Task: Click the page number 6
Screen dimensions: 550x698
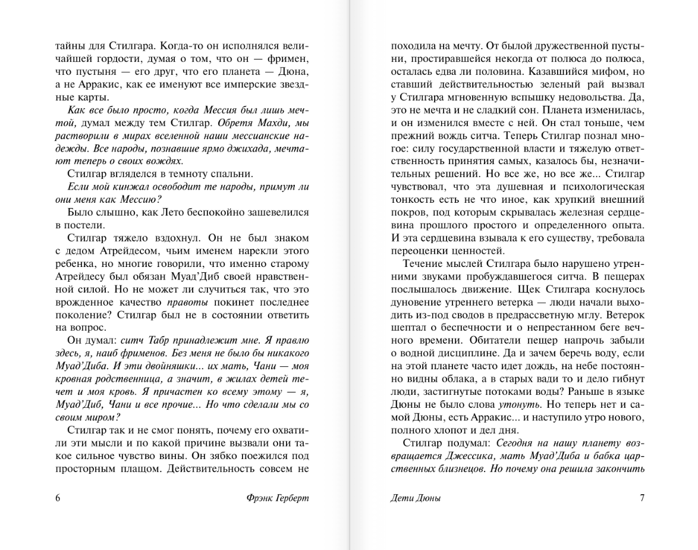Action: point(58,498)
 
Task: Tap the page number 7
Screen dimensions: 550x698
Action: point(642,498)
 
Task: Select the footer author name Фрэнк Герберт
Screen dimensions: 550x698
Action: point(278,498)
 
